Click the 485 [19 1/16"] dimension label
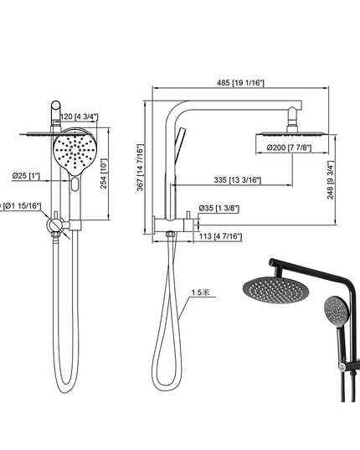(241, 83)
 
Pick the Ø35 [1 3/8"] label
(215, 208)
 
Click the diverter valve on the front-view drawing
(57, 225)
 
